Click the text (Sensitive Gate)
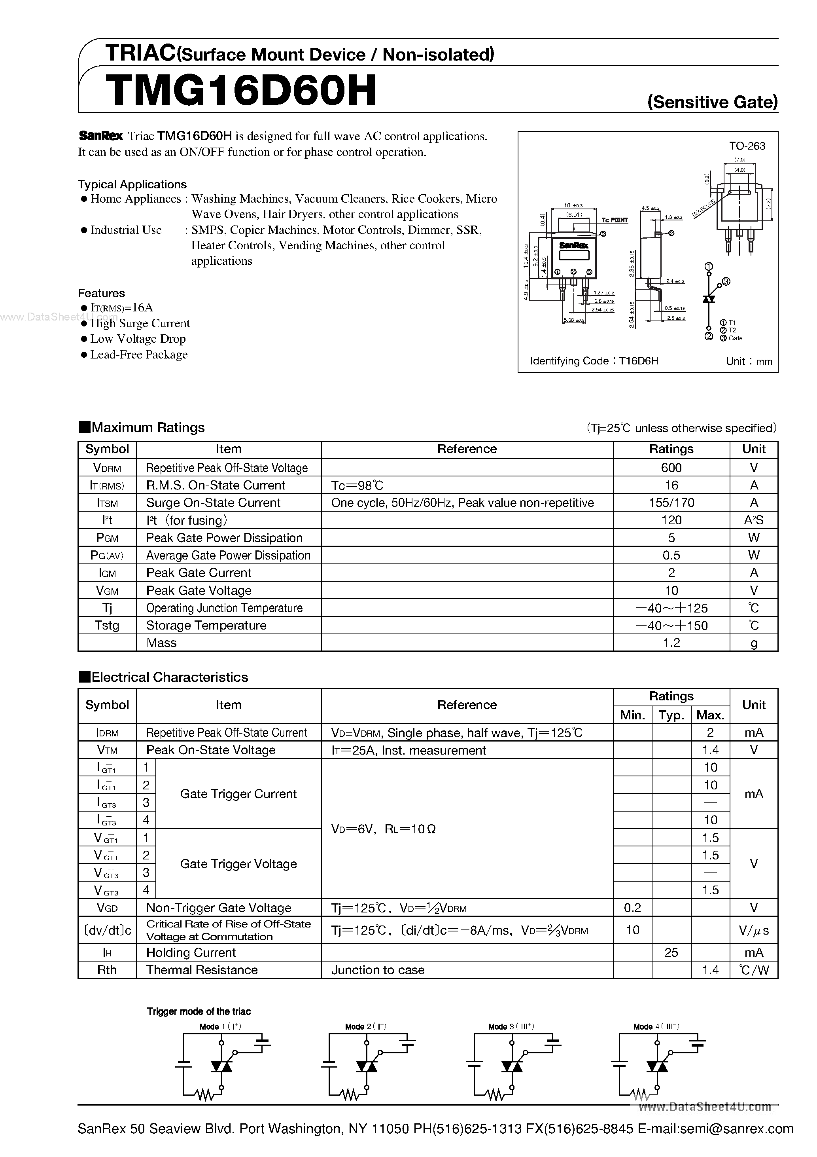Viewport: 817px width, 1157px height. point(712,102)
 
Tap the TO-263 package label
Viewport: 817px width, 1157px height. point(747,146)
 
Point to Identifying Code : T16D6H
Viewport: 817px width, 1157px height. point(594,361)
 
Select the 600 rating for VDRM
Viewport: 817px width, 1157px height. point(671,468)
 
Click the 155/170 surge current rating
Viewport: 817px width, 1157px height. point(671,503)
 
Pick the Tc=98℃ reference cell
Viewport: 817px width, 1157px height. point(357,485)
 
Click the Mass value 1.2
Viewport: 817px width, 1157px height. point(671,643)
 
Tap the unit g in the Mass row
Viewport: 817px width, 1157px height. point(754,643)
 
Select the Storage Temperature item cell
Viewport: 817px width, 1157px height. point(206,625)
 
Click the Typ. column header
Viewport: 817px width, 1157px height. point(671,715)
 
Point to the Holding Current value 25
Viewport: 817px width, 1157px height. point(671,952)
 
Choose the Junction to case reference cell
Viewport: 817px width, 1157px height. point(378,970)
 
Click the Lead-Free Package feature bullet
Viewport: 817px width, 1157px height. point(138,355)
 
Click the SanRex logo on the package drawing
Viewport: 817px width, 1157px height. point(574,245)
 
